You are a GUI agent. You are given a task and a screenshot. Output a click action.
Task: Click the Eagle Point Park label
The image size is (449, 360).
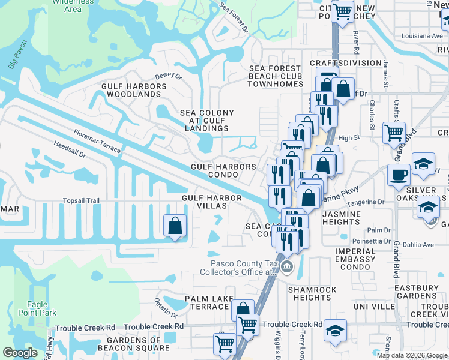coord(37,308)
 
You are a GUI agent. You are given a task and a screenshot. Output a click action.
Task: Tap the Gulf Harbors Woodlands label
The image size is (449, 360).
coord(131,90)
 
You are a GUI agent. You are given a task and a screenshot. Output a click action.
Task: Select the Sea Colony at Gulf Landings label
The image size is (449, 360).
coord(207,121)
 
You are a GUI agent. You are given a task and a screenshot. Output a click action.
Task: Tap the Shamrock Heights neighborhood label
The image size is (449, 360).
coord(312,293)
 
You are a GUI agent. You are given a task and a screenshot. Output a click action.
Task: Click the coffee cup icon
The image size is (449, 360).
coord(398,175)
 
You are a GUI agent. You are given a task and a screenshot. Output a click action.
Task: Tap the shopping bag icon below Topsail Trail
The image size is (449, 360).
coord(175,226)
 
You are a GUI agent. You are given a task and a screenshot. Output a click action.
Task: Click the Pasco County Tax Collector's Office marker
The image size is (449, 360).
coord(287,267)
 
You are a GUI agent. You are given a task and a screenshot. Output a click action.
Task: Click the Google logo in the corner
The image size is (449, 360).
coord(20,353)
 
